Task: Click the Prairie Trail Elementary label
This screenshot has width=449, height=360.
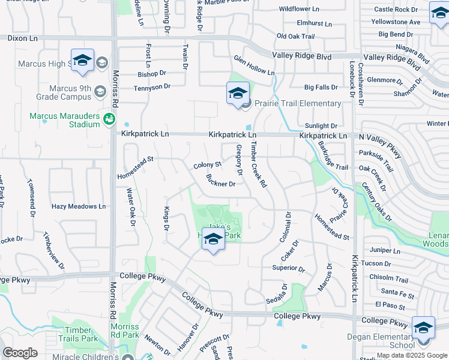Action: (297, 103)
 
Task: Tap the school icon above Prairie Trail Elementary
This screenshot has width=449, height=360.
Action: (238, 94)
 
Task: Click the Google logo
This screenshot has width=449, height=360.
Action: (20, 353)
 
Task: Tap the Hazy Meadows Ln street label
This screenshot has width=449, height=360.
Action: (78, 206)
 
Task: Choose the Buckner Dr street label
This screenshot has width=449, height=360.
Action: (220, 181)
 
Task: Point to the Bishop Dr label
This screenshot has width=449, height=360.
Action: (151, 74)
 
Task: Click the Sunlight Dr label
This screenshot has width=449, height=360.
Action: (321, 126)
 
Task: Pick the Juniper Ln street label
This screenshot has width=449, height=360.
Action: (385, 250)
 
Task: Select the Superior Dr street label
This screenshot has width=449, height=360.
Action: (288, 268)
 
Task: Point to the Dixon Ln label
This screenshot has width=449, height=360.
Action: (22, 38)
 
